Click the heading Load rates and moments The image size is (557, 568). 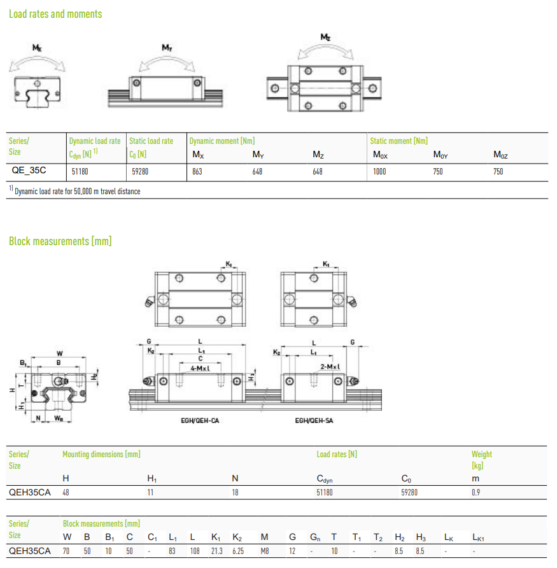pyautogui.click(x=55, y=14)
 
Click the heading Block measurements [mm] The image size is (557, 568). pyautogui.click(x=60, y=241)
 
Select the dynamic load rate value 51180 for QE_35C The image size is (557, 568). pyautogui.click(x=80, y=172)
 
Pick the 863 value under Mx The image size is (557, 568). pyautogui.click(x=197, y=172)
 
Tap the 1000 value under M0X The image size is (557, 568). pyautogui.click(x=379, y=172)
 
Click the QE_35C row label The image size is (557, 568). pyautogui.click(x=29, y=170)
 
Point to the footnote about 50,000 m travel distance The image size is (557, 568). pyautogui.click(x=74, y=191)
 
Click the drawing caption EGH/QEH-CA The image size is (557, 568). pyautogui.click(x=200, y=420)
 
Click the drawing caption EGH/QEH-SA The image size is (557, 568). pyautogui.click(x=314, y=420)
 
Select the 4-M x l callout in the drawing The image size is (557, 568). pyautogui.click(x=201, y=369)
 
